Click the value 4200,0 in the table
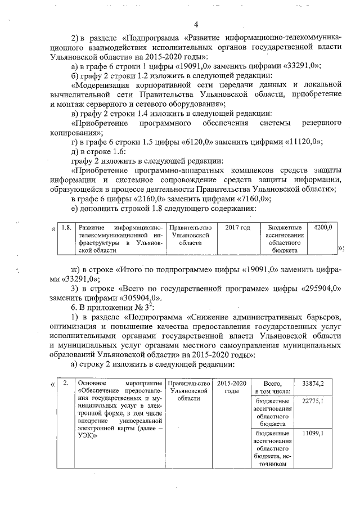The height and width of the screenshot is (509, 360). (322, 227)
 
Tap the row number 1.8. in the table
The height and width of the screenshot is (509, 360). (66, 227)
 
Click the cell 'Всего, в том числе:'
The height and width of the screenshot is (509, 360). (272, 388)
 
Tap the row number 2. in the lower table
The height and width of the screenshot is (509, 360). (66, 384)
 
